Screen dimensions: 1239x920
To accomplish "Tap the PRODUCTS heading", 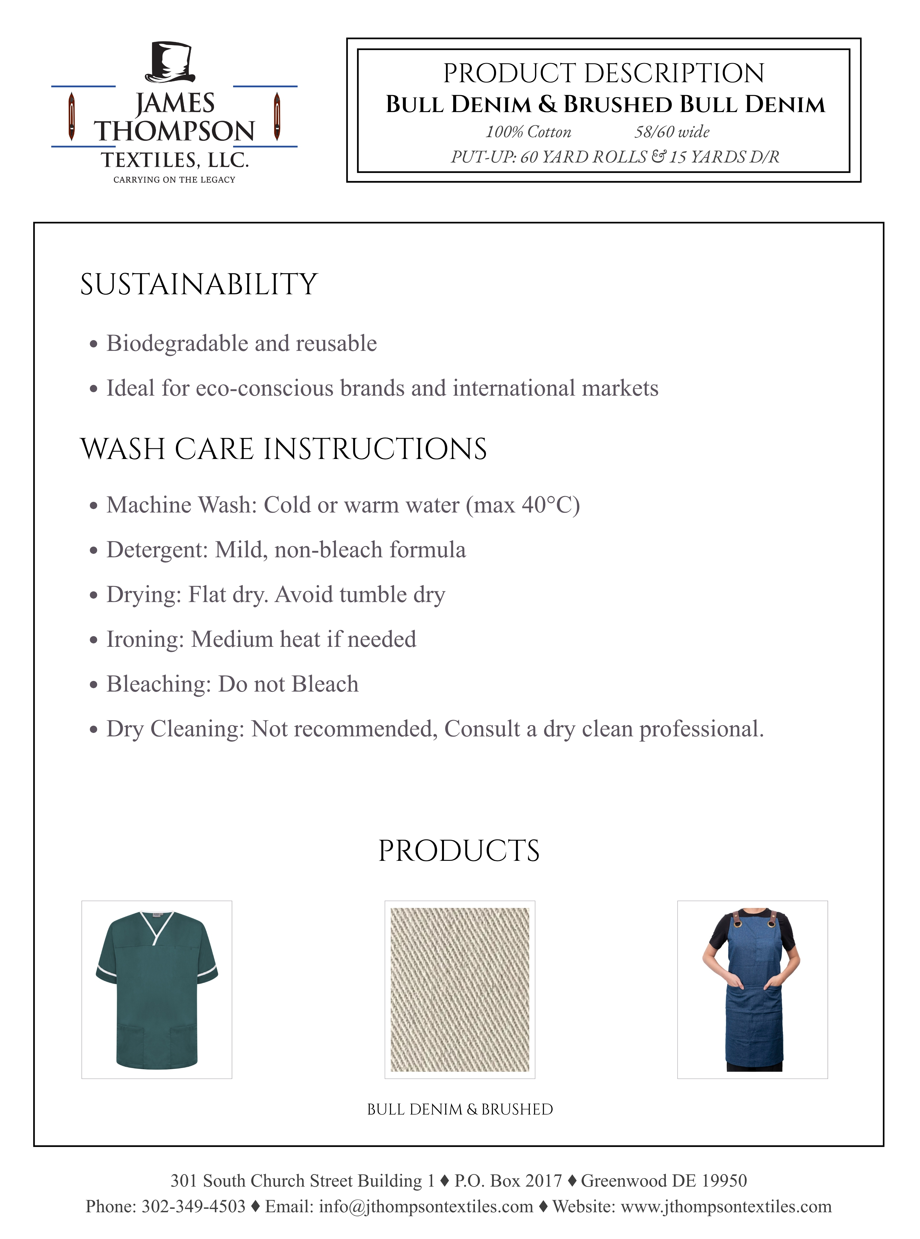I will (459, 851).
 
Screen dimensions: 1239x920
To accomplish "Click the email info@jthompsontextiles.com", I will (426, 1206).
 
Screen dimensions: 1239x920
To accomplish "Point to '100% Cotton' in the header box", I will (528, 132).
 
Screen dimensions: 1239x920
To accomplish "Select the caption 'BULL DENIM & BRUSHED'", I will (459, 1109).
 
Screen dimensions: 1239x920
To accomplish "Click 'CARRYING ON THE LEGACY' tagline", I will (174, 179).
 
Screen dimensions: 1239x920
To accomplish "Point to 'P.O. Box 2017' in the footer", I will (508, 1180).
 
